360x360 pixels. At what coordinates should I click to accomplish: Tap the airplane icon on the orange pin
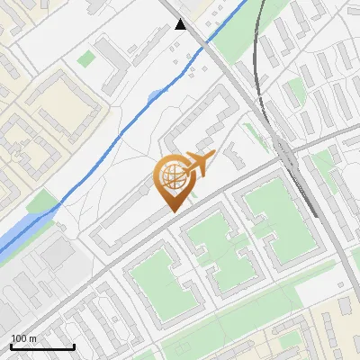(199, 164)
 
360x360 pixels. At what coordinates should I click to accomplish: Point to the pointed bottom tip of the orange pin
(172, 211)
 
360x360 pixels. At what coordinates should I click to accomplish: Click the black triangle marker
(181, 24)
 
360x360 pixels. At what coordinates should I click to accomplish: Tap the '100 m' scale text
(23, 338)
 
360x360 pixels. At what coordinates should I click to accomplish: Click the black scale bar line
(41, 346)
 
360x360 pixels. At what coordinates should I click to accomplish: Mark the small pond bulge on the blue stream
(155, 94)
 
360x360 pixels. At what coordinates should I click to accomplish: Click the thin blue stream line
(108, 135)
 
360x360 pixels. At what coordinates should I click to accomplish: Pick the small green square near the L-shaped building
(86, 58)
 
